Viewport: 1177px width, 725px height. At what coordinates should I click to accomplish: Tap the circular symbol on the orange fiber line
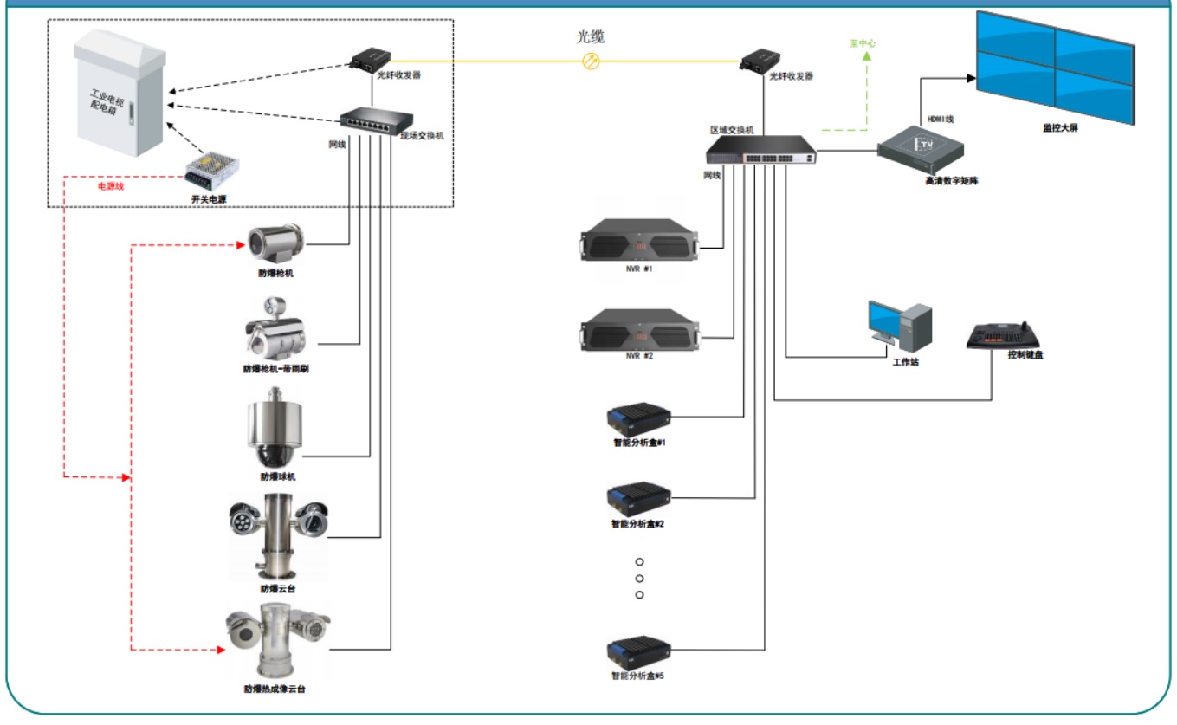[x=592, y=61]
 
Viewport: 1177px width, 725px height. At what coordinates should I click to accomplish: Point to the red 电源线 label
[x=110, y=186]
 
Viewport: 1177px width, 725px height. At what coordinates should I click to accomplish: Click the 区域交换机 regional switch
[x=761, y=152]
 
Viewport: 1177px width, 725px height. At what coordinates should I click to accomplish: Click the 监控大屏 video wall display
[x=1055, y=68]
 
